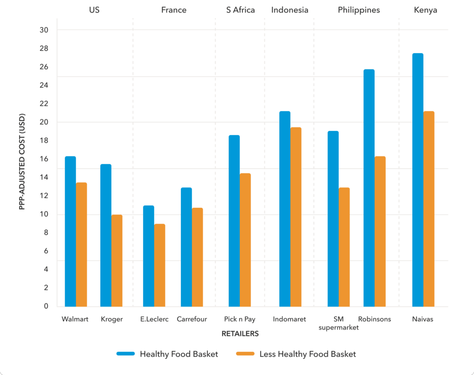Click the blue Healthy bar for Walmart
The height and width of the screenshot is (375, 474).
(70, 231)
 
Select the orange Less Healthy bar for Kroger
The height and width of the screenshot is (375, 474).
(117, 261)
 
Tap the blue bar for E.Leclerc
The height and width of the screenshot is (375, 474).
(149, 256)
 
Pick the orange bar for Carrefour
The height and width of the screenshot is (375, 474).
(198, 257)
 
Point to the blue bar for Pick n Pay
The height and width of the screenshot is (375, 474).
(234, 221)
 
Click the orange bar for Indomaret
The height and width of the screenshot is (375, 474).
(296, 217)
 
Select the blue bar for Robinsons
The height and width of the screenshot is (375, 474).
(369, 188)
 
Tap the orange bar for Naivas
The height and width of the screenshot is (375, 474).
(429, 209)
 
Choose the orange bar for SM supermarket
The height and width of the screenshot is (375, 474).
(344, 247)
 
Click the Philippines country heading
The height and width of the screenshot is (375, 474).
(359, 10)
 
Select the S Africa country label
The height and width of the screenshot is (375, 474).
(240, 10)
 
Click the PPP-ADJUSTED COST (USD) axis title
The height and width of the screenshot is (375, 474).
(22, 162)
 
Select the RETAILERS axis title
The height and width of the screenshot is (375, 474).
(240, 333)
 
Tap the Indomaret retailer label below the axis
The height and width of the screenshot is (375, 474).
(289, 319)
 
